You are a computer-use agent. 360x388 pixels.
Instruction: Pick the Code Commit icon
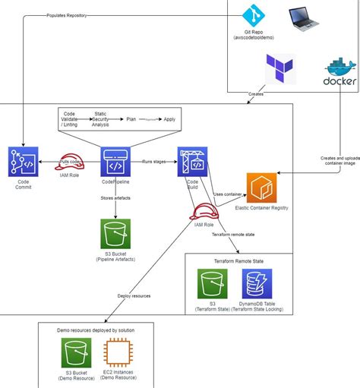[23, 162]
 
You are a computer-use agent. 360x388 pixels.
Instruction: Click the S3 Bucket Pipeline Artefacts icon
[115, 235]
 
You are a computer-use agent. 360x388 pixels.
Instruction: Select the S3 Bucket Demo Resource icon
[76, 353]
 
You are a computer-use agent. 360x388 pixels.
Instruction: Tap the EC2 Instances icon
[118, 353]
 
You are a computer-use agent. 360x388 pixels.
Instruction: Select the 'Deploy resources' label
[134, 296]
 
